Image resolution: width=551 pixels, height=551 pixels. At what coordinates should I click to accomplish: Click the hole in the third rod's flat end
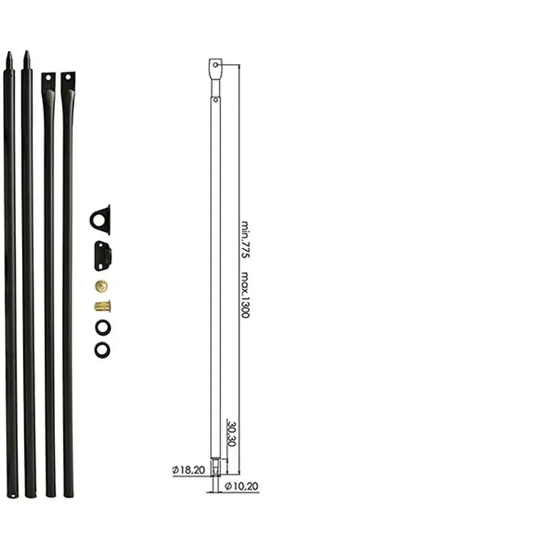[48, 78]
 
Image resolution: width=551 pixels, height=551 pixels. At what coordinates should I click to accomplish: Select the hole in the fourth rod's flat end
[68, 77]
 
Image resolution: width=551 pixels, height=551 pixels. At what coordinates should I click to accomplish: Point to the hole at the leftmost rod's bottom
[12, 496]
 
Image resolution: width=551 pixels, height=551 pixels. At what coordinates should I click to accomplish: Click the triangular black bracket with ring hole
[101, 220]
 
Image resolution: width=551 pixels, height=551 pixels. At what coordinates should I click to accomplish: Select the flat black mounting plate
[103, 256]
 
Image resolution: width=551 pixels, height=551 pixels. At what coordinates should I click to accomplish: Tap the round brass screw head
[101, 287]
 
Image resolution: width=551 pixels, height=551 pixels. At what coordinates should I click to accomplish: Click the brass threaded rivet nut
[103, 306]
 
